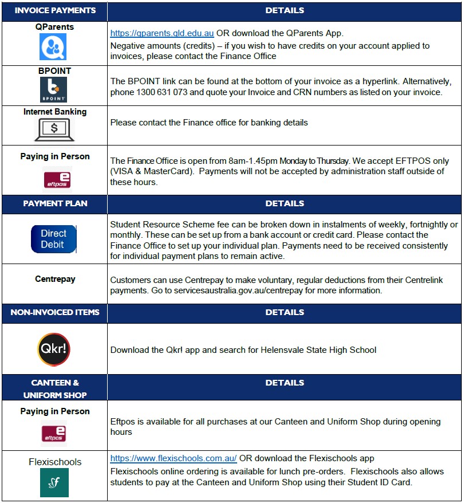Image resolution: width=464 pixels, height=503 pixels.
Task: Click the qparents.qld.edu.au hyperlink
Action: coord(162,33)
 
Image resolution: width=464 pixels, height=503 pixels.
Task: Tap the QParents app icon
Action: coord(53,47)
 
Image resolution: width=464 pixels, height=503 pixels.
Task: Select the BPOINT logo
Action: coord(53,90)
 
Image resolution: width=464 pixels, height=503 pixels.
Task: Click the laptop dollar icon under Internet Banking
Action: coord(54,129)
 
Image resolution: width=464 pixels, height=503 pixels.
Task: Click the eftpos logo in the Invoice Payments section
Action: coord(57,178)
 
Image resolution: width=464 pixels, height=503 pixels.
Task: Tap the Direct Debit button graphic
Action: coord(54,239)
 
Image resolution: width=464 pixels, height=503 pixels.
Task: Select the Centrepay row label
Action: coord(55,280)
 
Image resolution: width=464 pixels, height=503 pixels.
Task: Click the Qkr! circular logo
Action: coord(54,349)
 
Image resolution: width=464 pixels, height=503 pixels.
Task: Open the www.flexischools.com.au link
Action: coord(174,458)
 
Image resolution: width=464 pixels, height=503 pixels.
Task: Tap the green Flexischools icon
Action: coord(54,482)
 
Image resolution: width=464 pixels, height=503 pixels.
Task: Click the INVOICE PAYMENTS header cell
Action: coord(55,11)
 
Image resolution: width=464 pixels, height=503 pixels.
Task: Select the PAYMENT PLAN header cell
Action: coord(55,204)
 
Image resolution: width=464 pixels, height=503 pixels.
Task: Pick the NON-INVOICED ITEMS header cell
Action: coord(55,313)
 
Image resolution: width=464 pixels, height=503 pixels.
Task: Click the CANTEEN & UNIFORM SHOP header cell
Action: coord(55,388)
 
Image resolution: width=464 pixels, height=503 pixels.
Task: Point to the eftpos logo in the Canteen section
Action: coord(55,434)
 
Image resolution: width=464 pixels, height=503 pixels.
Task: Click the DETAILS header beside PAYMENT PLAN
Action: coord(285,204)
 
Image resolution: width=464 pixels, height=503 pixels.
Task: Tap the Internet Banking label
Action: coord(55,112)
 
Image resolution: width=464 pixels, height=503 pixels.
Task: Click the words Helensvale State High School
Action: coord(318,349)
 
